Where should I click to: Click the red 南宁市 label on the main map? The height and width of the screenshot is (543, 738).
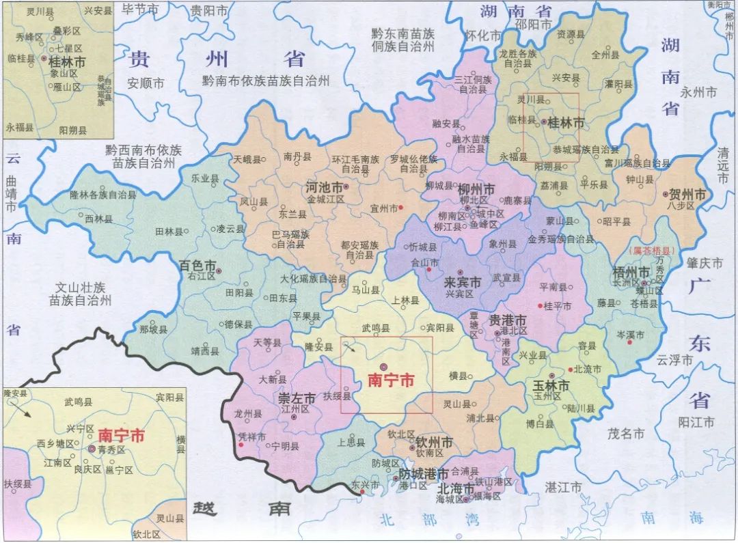pos(391,381)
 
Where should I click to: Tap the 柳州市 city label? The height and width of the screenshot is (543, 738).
pos(477,189)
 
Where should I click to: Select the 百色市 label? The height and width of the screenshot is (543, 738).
pos(197,264)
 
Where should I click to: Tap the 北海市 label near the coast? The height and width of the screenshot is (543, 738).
pos(456,489)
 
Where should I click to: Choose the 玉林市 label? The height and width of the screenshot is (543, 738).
pos(550,385)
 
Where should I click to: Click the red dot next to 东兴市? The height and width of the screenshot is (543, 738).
pos(362,491)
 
